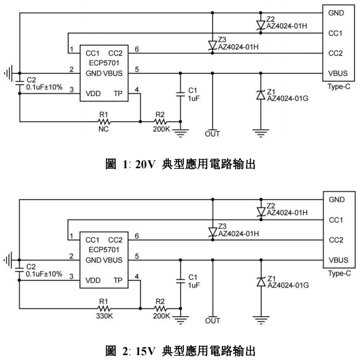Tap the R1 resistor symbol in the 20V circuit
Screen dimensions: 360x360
tap(104, 120)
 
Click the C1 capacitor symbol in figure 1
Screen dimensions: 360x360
tap(180, 93)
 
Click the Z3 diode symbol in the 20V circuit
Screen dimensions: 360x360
tap(212, 45)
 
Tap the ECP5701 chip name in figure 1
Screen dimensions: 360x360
tap(104, 63)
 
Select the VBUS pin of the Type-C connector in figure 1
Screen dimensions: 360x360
tap(338, 73)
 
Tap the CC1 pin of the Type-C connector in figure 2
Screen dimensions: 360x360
tap(336, 220)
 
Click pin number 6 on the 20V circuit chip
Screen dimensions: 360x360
tap(137, 49)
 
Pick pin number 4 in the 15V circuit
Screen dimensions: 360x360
tap(137, 277)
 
